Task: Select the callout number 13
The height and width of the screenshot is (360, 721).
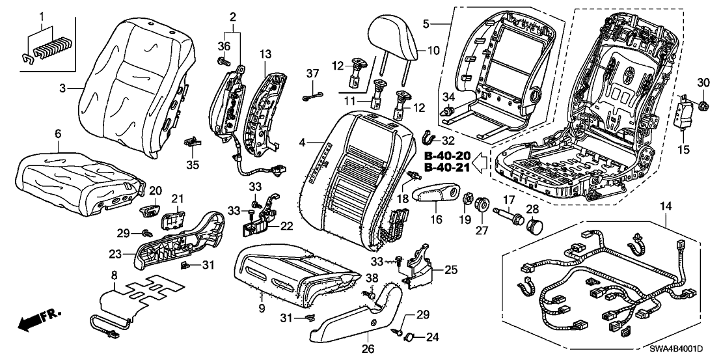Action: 265,53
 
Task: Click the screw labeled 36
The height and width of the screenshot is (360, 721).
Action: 223,61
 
